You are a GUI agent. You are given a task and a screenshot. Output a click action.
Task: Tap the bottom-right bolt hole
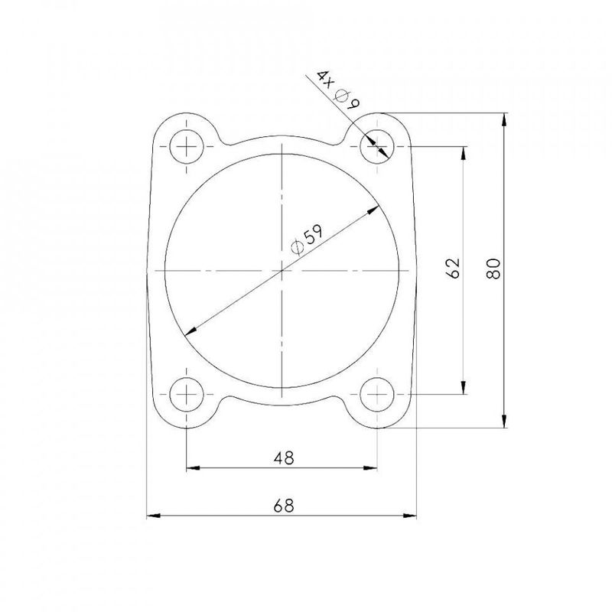378,396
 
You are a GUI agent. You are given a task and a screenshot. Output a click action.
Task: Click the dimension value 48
284,457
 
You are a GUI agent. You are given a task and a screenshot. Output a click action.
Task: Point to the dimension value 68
284,506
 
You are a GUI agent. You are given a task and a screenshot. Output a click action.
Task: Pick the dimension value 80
493,269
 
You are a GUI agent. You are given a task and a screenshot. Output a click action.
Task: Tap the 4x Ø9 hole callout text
334,91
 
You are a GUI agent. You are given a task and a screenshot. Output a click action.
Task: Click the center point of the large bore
283,271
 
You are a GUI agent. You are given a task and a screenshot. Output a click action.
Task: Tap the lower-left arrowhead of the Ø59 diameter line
188,332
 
